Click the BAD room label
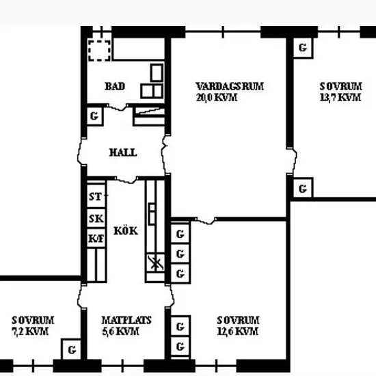pyautogui.click(x=115, y=86)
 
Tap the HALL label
pyautogui.click(x=123, y=152)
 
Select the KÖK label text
pyautogui.click(x=126, y=230)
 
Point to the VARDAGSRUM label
pyautogui.click(x=230, y=86)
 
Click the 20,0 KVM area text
pyautogui.click(x=217, y=97)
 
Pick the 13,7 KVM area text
pyautogui.click(x=340, y=97)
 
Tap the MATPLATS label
pyautogui.click(x=126, y=321)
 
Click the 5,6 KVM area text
pyautogui.click(x=120, y=332)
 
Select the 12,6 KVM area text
pyautogui.click(x=238, y=332)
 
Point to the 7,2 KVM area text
pyautogui.click(x=30, y=332)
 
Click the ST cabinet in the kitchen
pyautogui.click(x=96, y=196)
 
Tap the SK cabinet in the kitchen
pyautogui.click(x=96, y=218)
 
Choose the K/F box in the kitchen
pyautogui.click(x=96, y=238)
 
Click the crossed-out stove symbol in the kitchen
pyautogui.click(x=155, y=263)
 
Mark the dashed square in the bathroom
pyautogui.click(x=100, y=51)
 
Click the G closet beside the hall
pyautogui.click(x=95, y=116)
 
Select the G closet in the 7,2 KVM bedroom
pyautogui.click(x=71, y=349)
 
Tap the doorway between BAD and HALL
pyautogui.click(x=118, y=107)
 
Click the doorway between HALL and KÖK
pyautogui.click(x=126, y=180)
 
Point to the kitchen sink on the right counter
pyautogui.click(x=152, y=214)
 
